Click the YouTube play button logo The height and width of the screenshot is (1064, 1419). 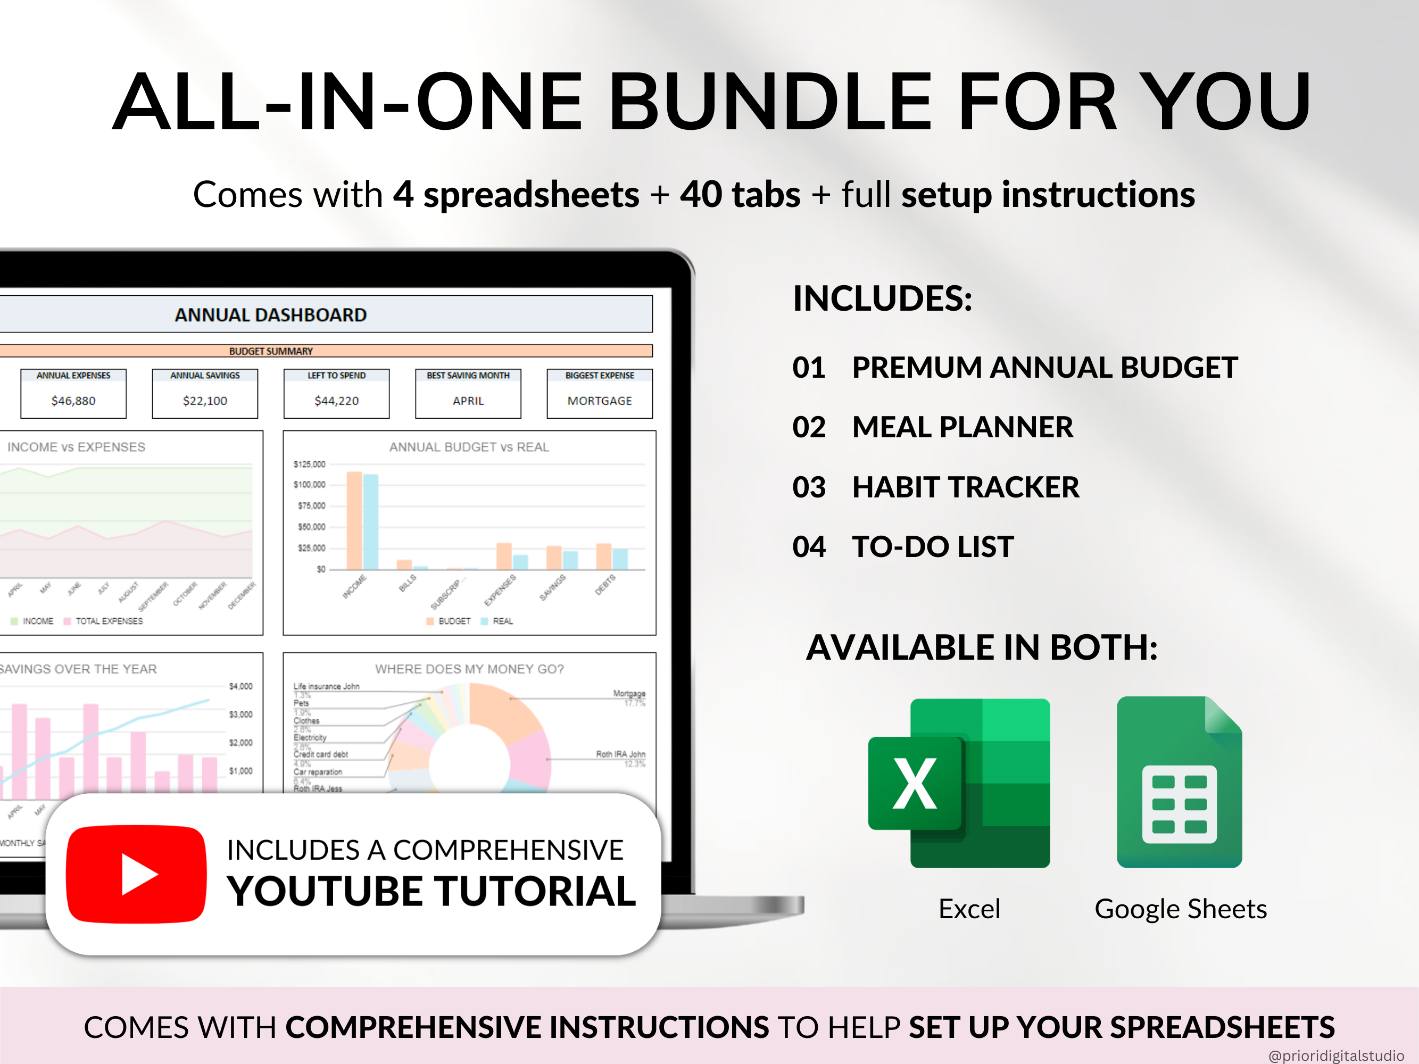point(137,874)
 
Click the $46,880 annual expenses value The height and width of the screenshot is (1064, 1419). point(73,401)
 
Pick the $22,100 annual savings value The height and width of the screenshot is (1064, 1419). point(205,401)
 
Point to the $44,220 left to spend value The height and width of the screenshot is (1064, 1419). point(336,401)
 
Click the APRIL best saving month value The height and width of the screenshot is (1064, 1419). point(468,401)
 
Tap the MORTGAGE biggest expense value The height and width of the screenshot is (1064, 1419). point(599,401)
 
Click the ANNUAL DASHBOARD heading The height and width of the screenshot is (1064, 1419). point(270,315)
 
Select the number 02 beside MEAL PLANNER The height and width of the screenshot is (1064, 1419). point(808,427)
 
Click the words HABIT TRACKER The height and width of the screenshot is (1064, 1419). point(966,487)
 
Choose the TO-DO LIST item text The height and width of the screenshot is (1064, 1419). point(932,547)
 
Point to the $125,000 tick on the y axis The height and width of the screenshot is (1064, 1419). point(309,464)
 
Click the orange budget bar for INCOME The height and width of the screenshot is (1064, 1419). point(354,520)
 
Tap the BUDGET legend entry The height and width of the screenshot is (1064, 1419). point(453,621)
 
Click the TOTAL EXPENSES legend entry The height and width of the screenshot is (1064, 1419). point(109,621)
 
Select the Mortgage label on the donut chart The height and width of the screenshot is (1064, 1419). point(629,693)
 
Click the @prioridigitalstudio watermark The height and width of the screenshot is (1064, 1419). point(1336,1055)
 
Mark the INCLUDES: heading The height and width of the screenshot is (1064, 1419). point(882,299)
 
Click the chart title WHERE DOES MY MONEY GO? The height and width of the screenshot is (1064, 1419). point(469,669)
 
